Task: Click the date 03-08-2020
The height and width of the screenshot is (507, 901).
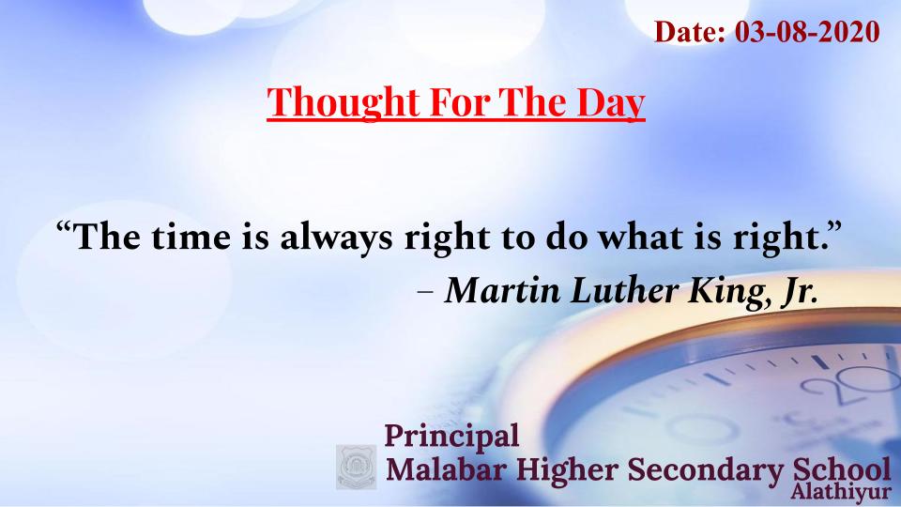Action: [807, 31]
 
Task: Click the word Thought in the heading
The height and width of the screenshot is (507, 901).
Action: [344, 101]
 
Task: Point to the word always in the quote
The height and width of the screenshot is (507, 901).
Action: [337, 238]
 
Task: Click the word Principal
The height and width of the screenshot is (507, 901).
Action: [451, 437]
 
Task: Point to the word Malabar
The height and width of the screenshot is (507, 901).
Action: [446, 469]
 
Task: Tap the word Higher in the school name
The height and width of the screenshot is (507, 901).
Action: [565, 470]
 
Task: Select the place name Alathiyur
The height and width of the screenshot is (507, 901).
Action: [840, 493]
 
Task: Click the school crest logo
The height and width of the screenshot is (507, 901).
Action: [357, 467]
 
